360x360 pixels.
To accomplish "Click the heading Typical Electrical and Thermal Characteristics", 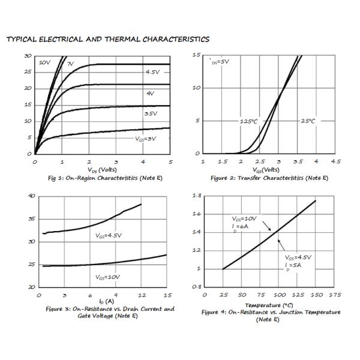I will click(x=107, y=40).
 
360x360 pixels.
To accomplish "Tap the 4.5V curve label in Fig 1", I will click(x=153, y=72).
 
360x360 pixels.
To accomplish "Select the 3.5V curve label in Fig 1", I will click(x=151, y=113).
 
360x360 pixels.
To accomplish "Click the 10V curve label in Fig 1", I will click(x=45, y=62).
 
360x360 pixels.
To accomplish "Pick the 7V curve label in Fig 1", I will click(x=70, y=63).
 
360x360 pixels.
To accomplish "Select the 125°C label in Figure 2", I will click(x=248, y=121).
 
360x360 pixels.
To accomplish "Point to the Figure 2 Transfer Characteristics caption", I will click(x=269, y=178).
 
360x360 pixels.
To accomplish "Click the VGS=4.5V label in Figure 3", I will click(x=109, y=235).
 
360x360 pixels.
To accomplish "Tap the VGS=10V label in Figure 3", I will click(x=107, y=277).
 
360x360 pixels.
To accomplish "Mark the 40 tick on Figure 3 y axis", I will click(x=31, y=196).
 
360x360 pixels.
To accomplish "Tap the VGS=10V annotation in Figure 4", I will click(x=244, y=219).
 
